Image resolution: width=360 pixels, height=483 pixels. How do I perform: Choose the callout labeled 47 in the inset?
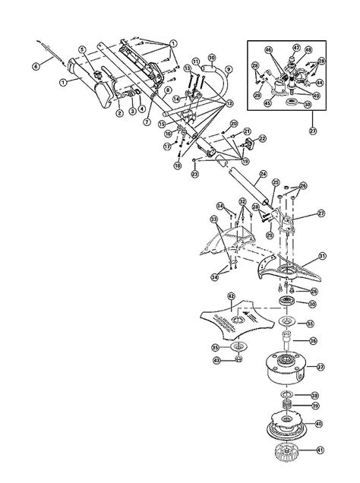click(296, 47)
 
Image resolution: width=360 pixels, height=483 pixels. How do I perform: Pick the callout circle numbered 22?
click(263, 138)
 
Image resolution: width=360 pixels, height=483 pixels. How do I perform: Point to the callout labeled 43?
click(216, 359)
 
